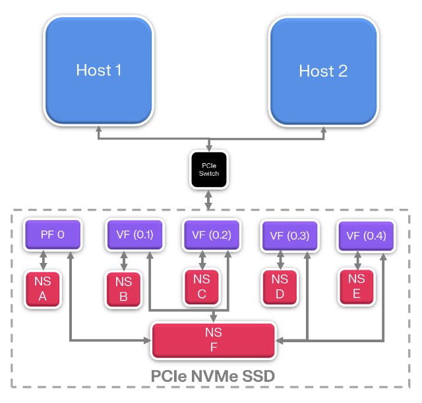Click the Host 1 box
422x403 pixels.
pos(99,70)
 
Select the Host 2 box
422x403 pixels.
pos(323,70)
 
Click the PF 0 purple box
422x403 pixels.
pos(53,235)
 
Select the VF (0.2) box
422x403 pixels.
pos(210,235)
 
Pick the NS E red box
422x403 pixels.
pos(357,287)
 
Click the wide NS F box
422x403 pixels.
pos(212,340)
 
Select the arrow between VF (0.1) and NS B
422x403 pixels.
pos(123,260)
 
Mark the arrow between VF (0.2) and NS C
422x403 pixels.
pos(202,259)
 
